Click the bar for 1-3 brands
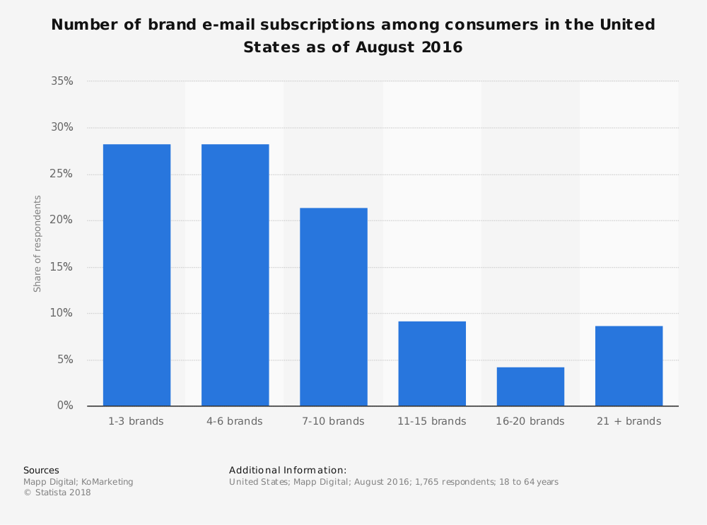pyautogui.click(x=136, y=275)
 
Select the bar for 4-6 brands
pyautogui.click(x=235, y=275)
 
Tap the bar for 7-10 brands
pyautogui.click(x=333, y=307)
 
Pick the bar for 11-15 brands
pyautogui.click(x=432, y=363)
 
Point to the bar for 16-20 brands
pyautogui.click(x=530, y=387)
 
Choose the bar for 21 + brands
pyautogui.click(x=629, y=365)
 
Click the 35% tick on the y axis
pyautogui.click(x=62, y=81)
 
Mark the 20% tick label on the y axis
pyautogui.click(x=62, y=220)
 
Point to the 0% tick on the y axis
pyautogui.click(x=65, y=406)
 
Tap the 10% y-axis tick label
pyautogui.click(x=62, y=313)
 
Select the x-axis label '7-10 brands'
pyautogui.click(x=333, y=422)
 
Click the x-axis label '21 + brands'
pyautogui.click(x=629, y=422)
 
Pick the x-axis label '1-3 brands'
pyautogui.click(x=136, y=422)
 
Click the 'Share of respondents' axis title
pyautogui.click(x=38, y=244)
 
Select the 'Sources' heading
pyautogui.click(x=41, y=471)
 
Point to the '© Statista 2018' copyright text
pyautogui.click(x=57, y=493)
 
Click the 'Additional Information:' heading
pyautogui.click(x=288, y=471)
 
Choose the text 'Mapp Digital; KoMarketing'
pyautogui.click(x=78, y=482)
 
